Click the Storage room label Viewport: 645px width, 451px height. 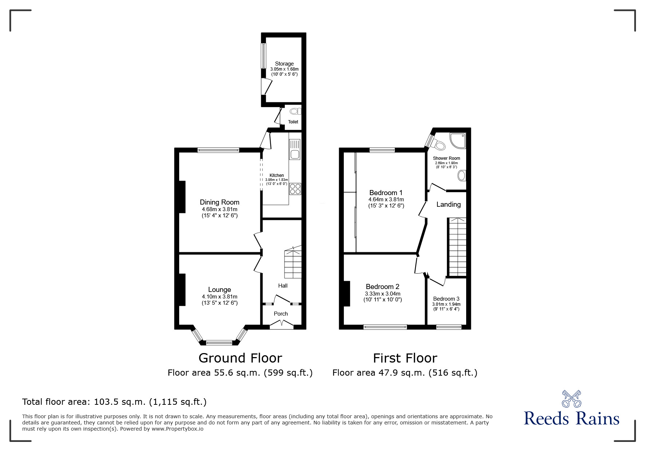tap(284, 64)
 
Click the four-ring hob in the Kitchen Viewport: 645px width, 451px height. tap(295, 189)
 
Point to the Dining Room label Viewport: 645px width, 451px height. tap(219, 202)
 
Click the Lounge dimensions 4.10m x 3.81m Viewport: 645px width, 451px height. tap(219, 297)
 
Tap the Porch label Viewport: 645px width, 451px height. tap(280, 314)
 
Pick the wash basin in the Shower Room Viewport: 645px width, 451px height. tap(462, 176)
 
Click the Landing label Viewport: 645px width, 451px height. tap(448, 205)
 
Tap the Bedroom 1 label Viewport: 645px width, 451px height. tap(386, 193)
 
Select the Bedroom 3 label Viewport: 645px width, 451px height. tap(446, 299)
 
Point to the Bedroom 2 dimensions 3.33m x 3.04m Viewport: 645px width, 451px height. tap(382, 294)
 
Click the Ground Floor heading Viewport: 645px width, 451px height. tap(240, 358)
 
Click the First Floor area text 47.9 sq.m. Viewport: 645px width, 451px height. tap(405, 373)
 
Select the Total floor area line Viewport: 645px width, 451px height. tap(114, 402)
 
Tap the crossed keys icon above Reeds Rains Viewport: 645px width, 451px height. tap(571, 399)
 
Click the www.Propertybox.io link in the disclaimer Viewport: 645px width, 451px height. tap(177, 429)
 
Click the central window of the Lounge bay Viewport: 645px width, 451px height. tap(219, 343)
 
